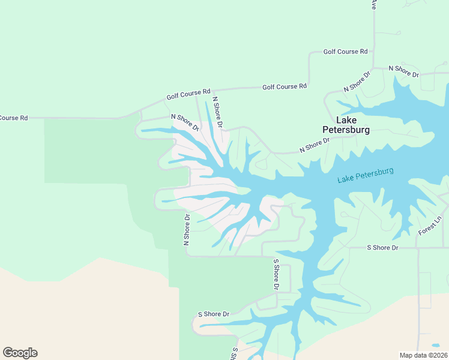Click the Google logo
point(20,353)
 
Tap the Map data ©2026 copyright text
point(423,355)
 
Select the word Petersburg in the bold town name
point(346,129)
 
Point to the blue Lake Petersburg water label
point(365,175)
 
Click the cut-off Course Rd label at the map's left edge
point(14,118)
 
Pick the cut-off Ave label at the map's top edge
point(373,5)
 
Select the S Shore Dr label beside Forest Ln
point(382,247)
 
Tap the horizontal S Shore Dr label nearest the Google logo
point(214,314)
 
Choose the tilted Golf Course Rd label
point(188,94)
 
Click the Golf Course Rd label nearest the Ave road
point(345,52)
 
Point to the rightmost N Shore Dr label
point(403,70)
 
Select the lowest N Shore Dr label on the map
point(187,230)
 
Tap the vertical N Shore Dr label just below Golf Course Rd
point(217,113)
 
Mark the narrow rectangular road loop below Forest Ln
point(424,290)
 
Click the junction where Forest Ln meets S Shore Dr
point(418,247)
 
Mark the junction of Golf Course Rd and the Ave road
point(373,52)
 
